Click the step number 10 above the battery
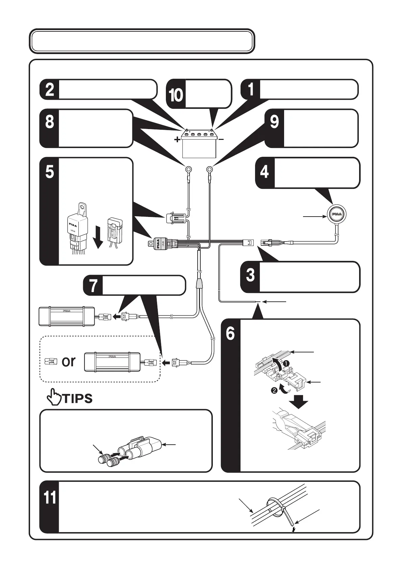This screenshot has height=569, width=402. tap(176, 95)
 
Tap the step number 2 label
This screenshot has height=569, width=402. tap(49, 90)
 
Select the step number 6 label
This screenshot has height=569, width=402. tap(230, 334)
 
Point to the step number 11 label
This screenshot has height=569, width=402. tap(50, 498)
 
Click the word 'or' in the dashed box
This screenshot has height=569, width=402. tap(69, 361)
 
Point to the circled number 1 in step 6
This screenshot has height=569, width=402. tap(286, 363)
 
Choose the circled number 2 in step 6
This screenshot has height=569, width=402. tap(274, 390)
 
